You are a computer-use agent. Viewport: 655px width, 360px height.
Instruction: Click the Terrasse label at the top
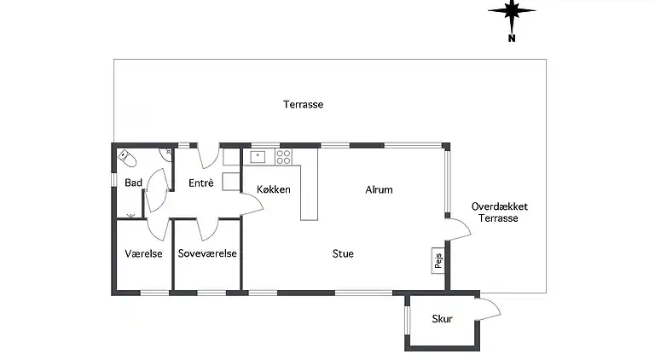tap(304, 104)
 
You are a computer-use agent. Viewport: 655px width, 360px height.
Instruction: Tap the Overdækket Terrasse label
tap(499, 212)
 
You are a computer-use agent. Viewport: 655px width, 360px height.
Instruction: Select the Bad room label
tap(134, 183)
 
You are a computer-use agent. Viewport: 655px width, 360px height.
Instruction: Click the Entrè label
tap(201, 183)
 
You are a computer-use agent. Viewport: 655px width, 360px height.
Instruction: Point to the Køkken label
tap(274, 189)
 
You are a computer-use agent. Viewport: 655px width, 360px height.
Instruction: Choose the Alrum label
tap(379, 189)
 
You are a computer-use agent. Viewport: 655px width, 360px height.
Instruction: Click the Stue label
tap(343, 253)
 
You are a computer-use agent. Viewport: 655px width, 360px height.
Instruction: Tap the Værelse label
tap(143, 253)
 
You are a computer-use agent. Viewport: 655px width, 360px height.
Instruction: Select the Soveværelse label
tap(207, 253)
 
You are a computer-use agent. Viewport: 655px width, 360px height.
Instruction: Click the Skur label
tap(442, 319)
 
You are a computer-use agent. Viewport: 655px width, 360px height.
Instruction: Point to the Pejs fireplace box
tap(438, 260)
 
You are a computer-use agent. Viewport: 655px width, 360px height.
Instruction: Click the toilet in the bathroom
tap(127, 158)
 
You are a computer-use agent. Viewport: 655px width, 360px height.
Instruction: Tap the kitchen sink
tap(258, 157)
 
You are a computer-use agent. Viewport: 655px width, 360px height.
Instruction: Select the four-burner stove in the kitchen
tap(283, 157)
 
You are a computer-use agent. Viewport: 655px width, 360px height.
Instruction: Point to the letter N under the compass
tap(512, 38)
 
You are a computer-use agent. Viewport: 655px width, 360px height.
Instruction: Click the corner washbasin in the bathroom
tap(165, 154)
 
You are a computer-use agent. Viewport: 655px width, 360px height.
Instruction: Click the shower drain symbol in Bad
tap(130, 216)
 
